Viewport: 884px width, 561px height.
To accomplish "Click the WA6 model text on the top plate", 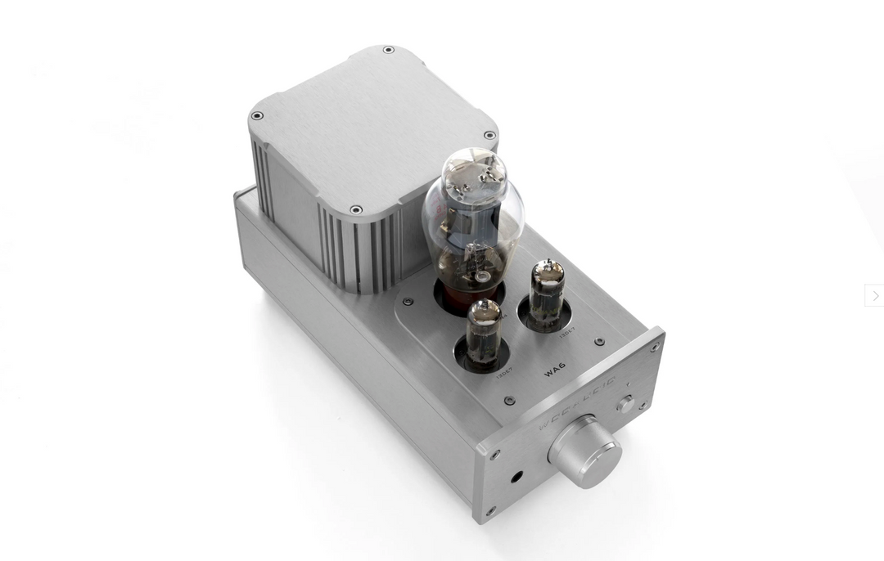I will pos(556,372).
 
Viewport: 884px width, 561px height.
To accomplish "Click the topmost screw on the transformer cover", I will pos(388,50).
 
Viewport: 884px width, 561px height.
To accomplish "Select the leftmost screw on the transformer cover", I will pos(257,116).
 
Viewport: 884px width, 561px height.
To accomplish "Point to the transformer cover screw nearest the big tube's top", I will pos(489,136).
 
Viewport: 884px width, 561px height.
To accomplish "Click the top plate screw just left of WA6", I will pos(509,401).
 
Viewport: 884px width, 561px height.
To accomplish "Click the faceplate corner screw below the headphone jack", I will pos(490,512).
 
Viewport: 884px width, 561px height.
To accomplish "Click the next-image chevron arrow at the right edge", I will pos(874,295).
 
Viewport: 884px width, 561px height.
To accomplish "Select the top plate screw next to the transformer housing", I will pos(408,302).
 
